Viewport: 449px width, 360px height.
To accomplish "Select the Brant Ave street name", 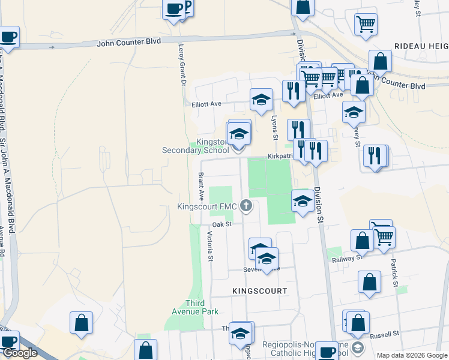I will (200, 187).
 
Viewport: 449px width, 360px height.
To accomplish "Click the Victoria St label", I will (210, 247).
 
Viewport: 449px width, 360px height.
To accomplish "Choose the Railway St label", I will (347, 258).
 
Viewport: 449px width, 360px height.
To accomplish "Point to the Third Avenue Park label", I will (193, 307).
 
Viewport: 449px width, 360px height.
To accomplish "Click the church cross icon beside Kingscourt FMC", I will (246, 206).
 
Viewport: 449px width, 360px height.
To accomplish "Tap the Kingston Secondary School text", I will (196, 146).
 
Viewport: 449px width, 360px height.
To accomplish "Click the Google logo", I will (20, 353).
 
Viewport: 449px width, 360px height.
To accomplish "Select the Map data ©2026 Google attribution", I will (412, 355).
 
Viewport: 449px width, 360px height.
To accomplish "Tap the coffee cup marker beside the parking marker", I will (173, 10).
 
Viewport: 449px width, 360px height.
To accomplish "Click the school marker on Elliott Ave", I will (261, 100).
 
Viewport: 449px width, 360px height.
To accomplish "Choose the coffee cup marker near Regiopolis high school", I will (327, 352).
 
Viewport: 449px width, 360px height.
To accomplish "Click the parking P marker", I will (187, 7).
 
